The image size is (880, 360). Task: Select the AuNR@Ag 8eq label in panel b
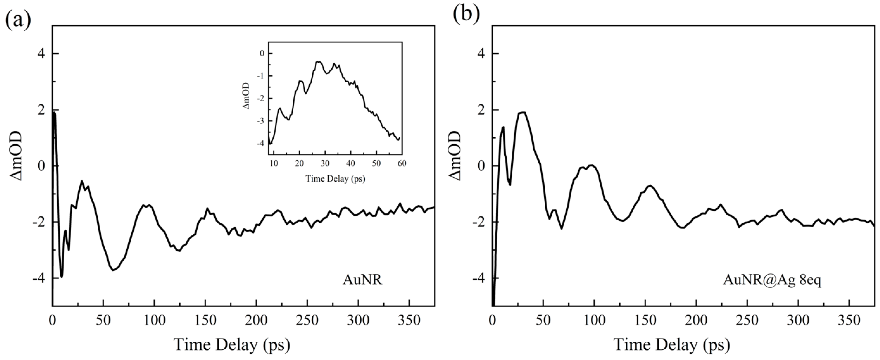click(772, 280)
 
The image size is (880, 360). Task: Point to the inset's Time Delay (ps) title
click(335, 178)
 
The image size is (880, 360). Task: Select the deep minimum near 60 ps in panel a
click(113, 270)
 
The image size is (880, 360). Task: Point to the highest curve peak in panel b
click(522, 112)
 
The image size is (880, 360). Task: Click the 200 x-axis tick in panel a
click(256, 320)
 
